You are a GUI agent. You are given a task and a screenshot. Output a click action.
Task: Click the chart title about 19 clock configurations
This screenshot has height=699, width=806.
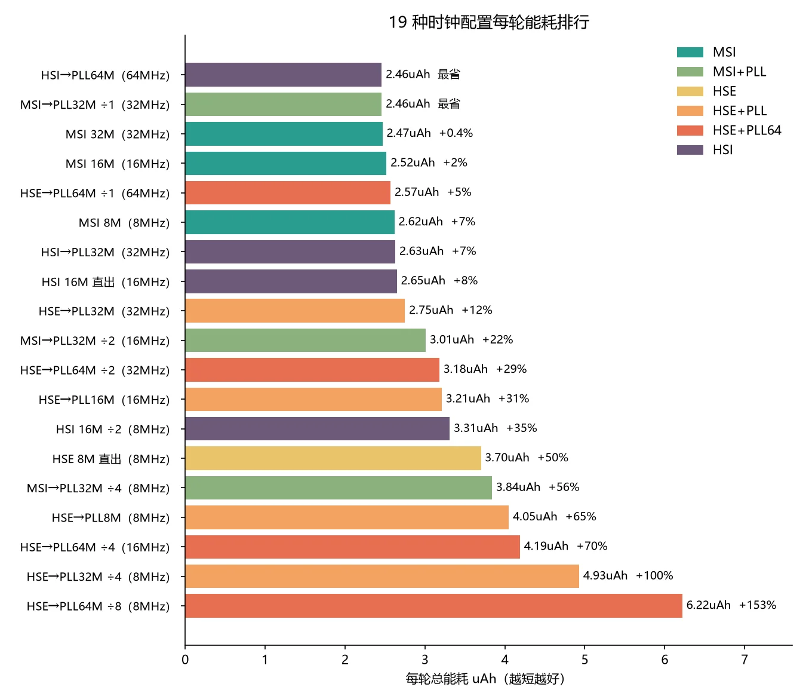(488, 22)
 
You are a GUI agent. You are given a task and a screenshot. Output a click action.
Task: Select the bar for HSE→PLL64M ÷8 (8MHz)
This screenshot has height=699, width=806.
(433, 606)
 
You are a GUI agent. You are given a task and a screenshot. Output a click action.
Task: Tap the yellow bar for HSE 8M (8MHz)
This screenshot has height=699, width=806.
(333, 458)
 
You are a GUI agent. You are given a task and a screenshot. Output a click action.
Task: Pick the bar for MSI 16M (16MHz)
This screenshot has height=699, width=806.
(285, 163)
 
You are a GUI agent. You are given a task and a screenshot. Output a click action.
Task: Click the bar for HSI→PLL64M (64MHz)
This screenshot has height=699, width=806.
(283, 75)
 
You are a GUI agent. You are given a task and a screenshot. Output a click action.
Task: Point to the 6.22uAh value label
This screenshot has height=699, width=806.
(708, 605)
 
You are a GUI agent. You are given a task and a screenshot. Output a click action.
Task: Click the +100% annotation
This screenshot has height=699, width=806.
(654, 575)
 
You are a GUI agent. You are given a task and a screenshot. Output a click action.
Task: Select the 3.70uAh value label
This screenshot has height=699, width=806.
(507, 458)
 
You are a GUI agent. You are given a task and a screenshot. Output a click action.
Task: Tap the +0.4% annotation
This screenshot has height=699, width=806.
(456, 133)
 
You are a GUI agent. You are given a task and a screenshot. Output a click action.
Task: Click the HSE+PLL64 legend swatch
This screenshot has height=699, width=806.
(690, 130)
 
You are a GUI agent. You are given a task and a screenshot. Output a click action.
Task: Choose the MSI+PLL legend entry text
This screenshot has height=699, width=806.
(739, 72)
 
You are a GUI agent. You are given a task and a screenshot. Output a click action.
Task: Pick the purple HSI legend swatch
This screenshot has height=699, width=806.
(690, 150)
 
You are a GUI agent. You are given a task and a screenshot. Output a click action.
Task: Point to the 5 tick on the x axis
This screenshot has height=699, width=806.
(584, 647)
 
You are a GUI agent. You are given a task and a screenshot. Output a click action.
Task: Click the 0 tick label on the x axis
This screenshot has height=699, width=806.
(185, 660)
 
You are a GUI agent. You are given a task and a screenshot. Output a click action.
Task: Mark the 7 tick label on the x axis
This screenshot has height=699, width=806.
(745, 660)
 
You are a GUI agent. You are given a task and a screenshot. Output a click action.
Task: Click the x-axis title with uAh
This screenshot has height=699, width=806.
(485, 679)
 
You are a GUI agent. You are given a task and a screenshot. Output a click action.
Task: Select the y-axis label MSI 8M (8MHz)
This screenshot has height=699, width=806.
(124, 223)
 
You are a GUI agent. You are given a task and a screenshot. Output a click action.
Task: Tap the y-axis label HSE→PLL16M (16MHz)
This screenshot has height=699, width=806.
(104, 400)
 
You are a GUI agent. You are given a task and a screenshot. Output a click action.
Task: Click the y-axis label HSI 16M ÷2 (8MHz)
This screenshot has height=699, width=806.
(113, 430)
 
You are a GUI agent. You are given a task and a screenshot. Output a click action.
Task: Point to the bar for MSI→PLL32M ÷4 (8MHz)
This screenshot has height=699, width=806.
(339, 488)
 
